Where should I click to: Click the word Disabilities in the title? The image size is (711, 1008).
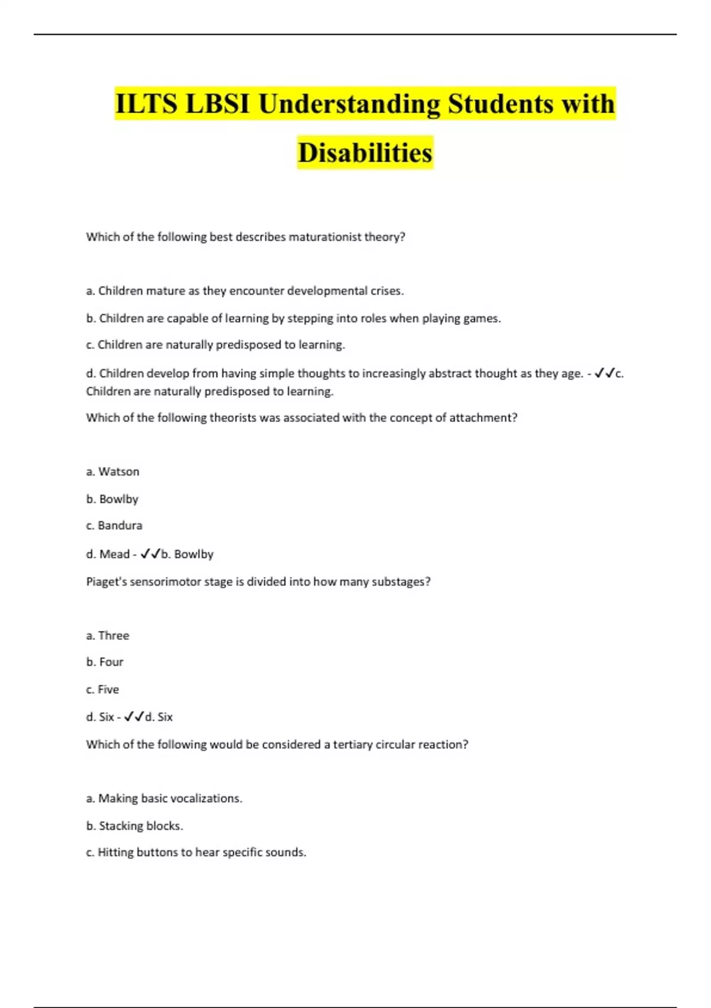(365, 153)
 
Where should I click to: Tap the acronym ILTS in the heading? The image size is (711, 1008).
(146, 104)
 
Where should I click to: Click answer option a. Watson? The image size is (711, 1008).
(113, 472)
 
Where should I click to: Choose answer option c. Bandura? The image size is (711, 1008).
(114, 525)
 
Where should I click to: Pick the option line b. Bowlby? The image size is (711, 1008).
(112, 499)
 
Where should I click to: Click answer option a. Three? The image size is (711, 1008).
(107, 636)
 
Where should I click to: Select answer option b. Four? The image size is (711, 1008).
(105, 662)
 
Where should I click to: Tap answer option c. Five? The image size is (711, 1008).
(103, 690)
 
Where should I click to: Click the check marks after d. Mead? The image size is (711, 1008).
(150, 554)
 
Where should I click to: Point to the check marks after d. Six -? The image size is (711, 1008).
(134, 717)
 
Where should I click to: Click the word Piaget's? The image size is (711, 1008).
(106, 582)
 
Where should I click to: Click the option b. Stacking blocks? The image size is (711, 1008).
(134, 826)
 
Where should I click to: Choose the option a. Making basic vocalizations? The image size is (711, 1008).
(164, 799)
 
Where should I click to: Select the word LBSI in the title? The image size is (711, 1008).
(217, 104)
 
